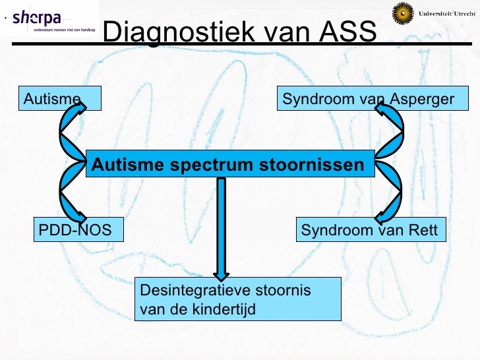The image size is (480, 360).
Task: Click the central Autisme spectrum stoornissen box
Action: click(x=229, y=164)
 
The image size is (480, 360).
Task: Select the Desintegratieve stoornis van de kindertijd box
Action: click(x=237, y=299)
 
